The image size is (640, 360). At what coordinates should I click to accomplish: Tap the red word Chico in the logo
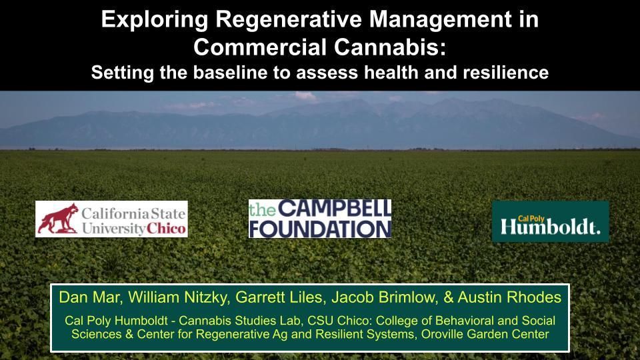(166, 228)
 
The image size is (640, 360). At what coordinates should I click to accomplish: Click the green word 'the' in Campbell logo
(263, 209)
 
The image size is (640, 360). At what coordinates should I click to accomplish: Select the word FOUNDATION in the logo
(320, 229)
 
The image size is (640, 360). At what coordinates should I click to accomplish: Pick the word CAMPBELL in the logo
(334, 209)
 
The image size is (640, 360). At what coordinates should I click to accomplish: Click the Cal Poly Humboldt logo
(550, 221)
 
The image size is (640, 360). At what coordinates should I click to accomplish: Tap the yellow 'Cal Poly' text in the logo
(531, 219)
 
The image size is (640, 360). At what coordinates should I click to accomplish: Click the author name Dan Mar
(90, 297)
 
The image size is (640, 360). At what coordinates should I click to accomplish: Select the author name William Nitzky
(178, 297)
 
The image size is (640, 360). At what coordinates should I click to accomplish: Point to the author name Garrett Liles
(280, 297)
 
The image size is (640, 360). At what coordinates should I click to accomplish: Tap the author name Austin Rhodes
(509, 297)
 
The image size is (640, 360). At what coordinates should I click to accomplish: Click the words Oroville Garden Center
(485, 334)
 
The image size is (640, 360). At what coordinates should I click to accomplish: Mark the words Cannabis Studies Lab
(241, 321)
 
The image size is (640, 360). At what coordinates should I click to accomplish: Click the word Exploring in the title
(155, 19)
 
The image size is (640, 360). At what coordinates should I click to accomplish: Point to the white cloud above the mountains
(305, 96)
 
